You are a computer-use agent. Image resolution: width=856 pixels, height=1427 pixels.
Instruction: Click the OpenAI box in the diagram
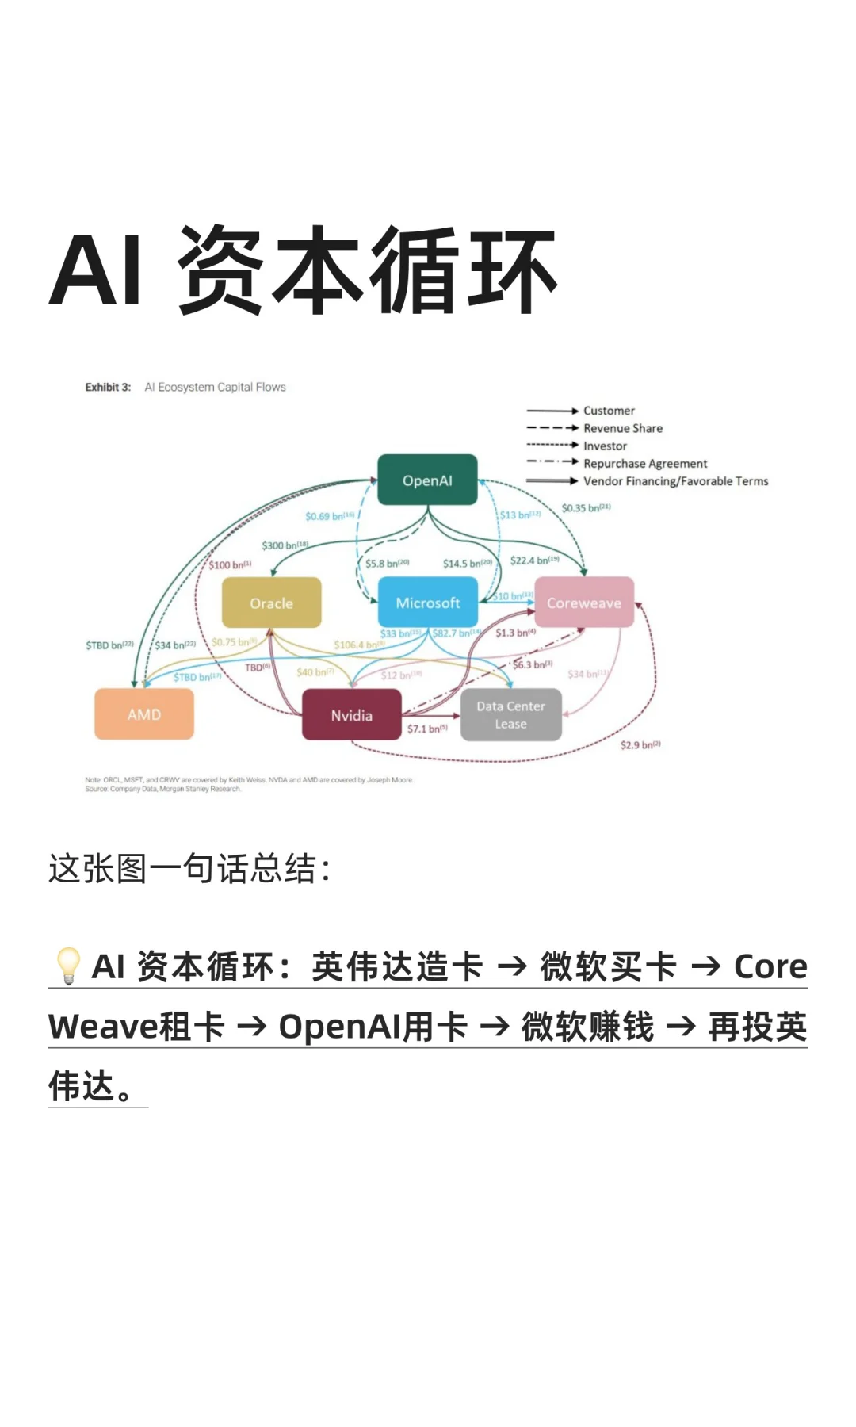[x=427, y=480]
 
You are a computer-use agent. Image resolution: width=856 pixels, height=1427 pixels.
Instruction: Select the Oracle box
[x=271, y=603]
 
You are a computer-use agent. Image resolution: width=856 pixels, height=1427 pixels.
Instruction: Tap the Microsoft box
[x=427, y=603]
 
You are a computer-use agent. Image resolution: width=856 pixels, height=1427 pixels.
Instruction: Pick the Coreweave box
[x=584, y=603]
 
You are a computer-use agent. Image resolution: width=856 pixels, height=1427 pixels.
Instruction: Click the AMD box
[x=144, y=714]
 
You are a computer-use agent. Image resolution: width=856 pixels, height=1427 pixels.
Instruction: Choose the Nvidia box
[x=351, y=715]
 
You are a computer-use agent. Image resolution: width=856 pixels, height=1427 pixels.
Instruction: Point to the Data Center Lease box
[x=510, y=715]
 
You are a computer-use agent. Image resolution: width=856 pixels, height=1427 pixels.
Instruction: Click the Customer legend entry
[x=609, y=411]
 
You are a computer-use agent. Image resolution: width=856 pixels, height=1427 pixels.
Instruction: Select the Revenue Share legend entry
[x=623, y=428]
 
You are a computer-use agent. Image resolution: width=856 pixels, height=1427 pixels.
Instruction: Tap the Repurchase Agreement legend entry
[x=645, y=464]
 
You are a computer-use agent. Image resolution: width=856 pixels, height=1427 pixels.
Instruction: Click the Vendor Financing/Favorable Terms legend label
[x=675, y=481]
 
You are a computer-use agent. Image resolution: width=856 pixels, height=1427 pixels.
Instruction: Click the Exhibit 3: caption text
[x=108, y=388]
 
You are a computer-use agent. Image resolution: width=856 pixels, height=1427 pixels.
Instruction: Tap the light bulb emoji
[x=67, y=966]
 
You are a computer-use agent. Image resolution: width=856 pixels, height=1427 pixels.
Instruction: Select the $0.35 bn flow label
[x=586, y=508]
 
